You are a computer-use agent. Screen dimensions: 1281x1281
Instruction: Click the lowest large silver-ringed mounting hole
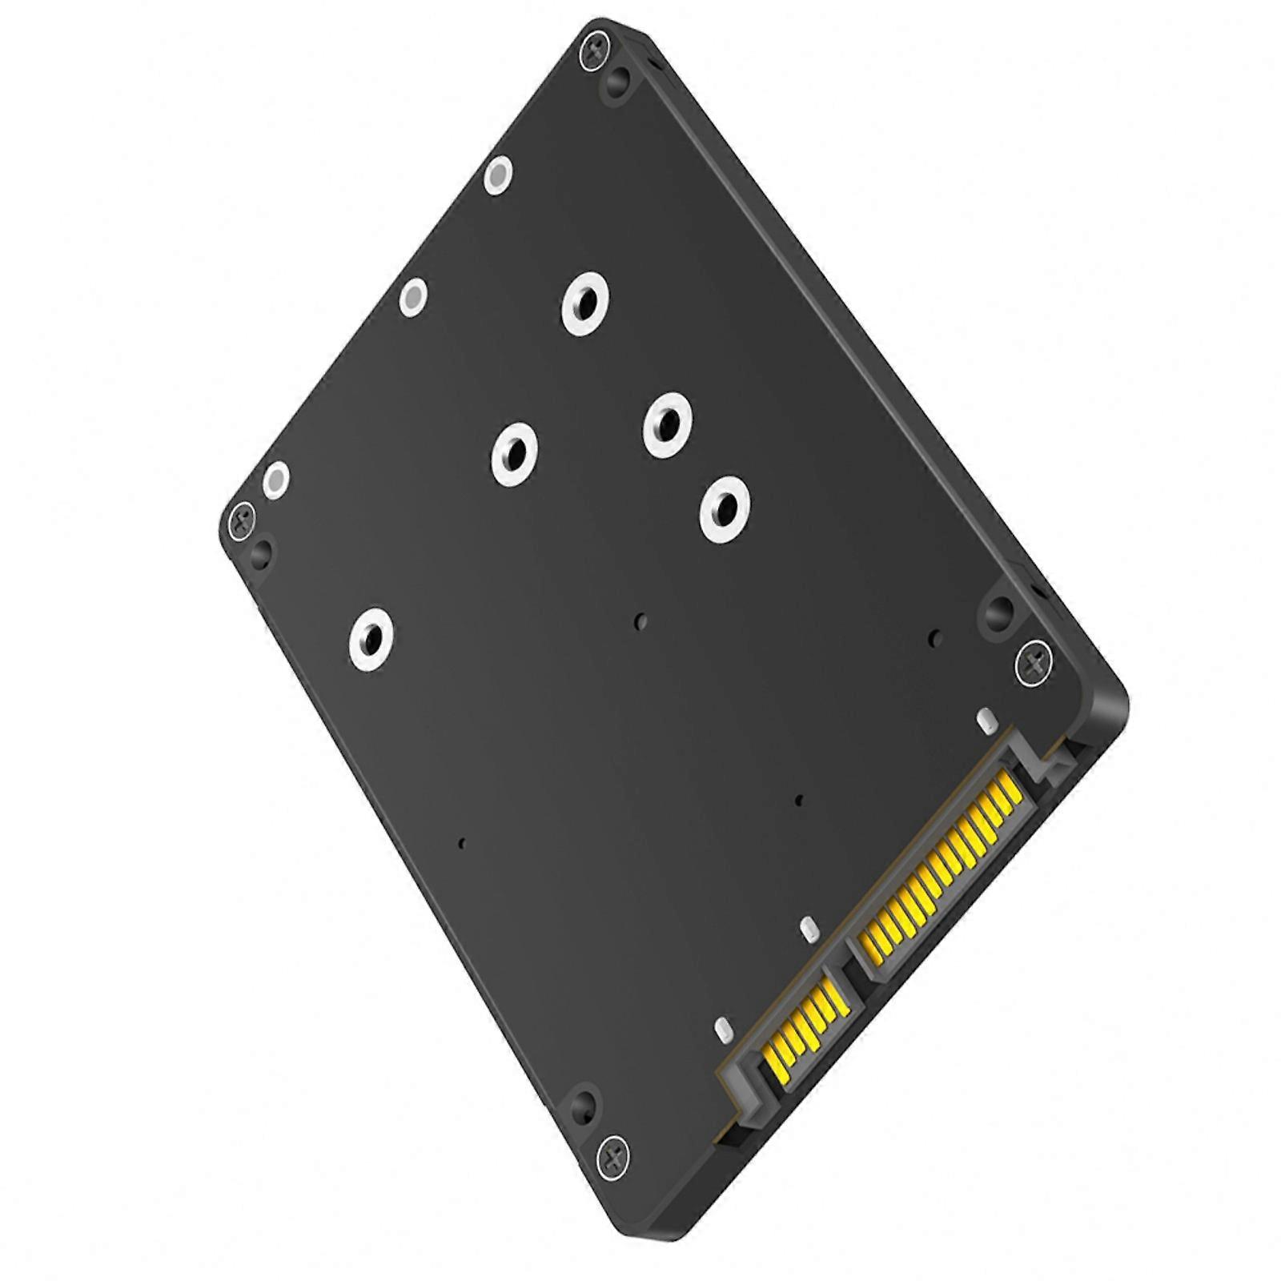(374, 639)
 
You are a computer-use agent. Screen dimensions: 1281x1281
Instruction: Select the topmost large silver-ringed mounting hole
(584, 304)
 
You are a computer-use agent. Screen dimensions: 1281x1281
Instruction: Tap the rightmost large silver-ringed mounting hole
(725, 508)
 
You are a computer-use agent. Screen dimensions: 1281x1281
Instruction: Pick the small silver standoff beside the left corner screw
(276, 480)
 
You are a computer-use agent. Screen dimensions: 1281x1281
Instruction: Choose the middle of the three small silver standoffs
(412, 298)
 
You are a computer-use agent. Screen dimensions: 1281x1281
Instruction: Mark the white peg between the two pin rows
(809, 929)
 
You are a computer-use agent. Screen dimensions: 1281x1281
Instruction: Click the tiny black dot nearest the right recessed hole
(934, 638)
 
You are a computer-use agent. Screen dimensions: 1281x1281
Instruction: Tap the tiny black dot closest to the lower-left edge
(461, 842)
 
